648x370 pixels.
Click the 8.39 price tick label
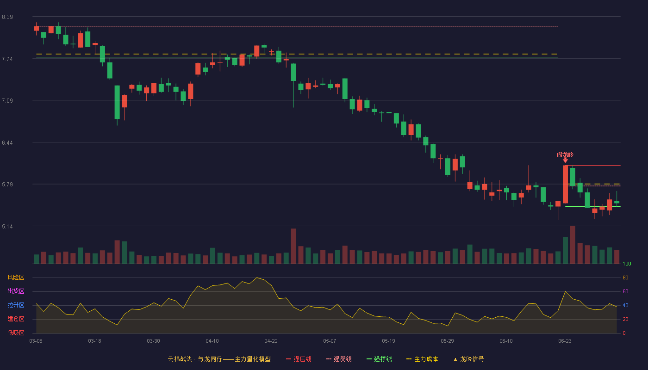click(x=7, y=17)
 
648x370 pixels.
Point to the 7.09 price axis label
click(x=7, y=101)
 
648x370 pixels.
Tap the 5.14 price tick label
click(x=7, y=226)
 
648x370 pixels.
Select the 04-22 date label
click(x=271, y=341)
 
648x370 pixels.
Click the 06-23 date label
click(x=565, y=341)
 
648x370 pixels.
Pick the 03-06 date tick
click(x=36, y=341)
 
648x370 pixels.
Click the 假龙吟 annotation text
click(x=565, y=154)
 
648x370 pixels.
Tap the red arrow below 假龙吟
click(x=565, y=160)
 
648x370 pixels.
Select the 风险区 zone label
click(x=16, y=277)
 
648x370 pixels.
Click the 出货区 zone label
click(x=16, y=291)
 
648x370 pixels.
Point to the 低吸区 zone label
click(x=16, y=333)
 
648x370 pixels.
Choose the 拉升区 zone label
click(x=16, y=305)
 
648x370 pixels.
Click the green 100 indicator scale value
click(x=627, y=264)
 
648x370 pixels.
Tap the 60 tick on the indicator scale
click(x=625, y=291)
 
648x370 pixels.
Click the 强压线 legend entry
click(x=299, y=359)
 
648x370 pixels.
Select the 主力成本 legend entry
click(x=422, y=359)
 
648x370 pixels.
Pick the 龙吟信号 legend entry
click(x=468, y=359)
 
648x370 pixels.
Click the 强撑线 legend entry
click(x=379, y=359)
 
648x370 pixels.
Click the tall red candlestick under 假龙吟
click(x=565, y=184)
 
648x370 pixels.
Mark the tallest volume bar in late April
click(x=293, y=246)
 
